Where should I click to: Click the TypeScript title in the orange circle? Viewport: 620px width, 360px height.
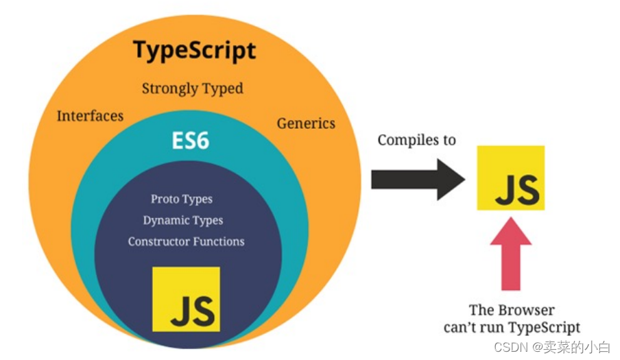(195, 51)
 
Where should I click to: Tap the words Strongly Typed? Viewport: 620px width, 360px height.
(193, 88)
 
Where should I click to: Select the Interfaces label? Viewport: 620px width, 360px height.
(90, 116)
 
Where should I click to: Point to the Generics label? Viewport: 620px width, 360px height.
(306, 123)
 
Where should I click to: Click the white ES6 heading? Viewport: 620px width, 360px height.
(190, 141)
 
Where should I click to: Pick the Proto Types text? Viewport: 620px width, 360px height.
(182, 199)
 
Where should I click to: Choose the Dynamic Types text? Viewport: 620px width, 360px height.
(183, 220)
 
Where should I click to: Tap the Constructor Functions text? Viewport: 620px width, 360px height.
(187, 241)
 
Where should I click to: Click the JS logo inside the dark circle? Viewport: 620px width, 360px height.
(187, 299)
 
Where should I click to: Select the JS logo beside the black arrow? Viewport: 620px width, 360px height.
(511, 178)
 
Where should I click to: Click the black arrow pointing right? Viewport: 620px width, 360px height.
(418, 180)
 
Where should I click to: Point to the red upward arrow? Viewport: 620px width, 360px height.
(511, 254)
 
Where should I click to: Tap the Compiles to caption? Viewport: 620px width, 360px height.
(417, 140)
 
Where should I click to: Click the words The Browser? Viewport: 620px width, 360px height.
(512, 310)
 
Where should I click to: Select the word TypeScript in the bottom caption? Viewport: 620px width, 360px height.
(545, 328)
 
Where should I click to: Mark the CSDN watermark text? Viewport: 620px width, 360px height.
(552, 347)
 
